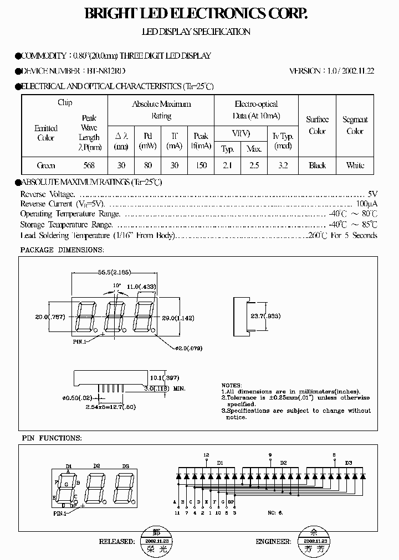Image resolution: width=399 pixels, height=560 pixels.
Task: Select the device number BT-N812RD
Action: coord(106,71)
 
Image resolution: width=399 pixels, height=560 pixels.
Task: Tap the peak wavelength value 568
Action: coord(89,165)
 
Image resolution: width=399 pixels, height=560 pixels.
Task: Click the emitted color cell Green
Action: coord(46,165)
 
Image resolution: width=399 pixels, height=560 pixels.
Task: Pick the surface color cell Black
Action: coord(318,165)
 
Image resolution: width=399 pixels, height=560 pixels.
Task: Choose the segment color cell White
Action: coord(355,165)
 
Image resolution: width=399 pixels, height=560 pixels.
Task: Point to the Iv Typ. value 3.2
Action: coord(283,165)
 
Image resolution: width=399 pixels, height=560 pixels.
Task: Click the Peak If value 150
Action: coord(201,165)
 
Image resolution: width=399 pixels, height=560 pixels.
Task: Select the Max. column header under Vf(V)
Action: coord(254,149)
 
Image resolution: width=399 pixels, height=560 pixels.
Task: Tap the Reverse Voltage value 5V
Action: coord(372,194)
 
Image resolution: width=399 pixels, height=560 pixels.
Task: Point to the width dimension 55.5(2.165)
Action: coord(114,273)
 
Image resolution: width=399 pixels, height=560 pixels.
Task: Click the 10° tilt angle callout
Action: coord(116,286)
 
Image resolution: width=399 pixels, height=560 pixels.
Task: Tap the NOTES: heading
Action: coord(232,385)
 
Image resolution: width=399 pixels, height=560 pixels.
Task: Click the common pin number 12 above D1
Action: coord(206,455)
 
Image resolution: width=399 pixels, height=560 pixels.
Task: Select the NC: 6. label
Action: coord(275,513)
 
